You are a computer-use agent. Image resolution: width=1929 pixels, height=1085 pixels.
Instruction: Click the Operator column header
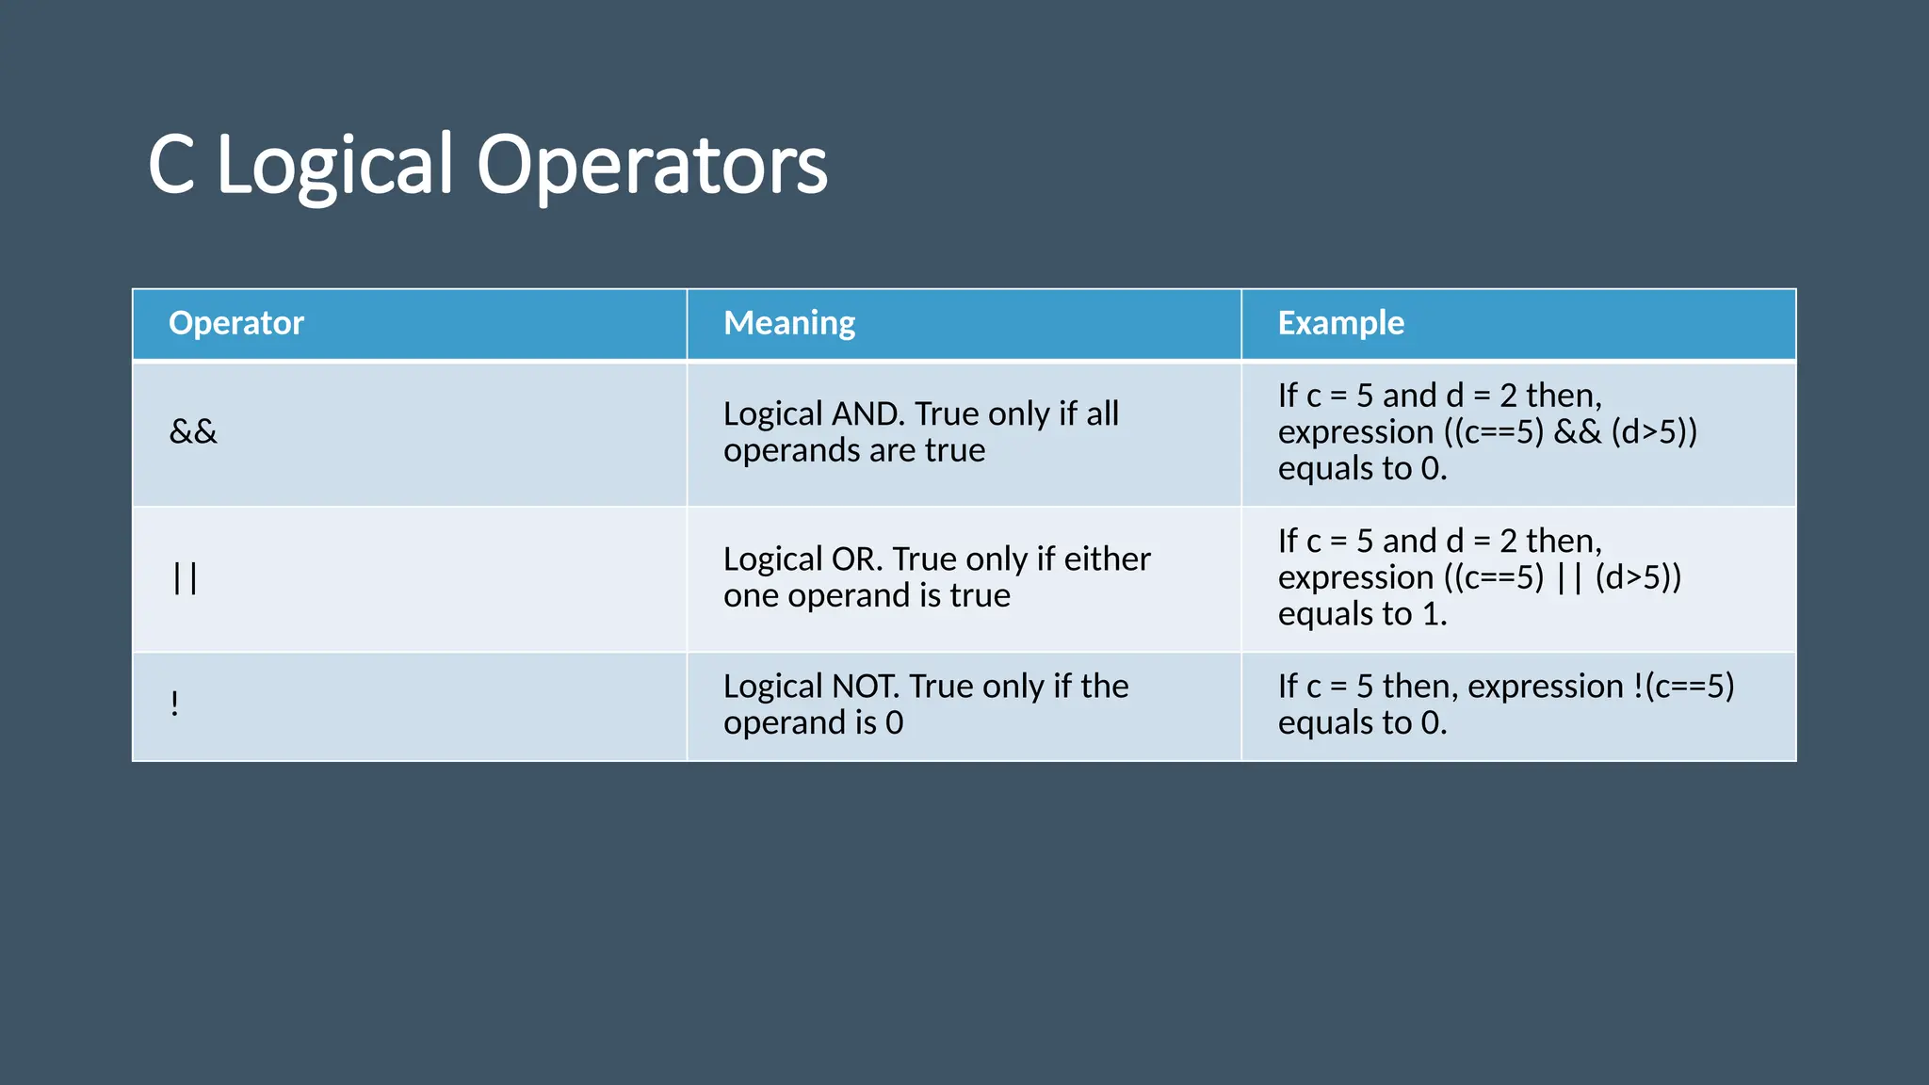(235, 323)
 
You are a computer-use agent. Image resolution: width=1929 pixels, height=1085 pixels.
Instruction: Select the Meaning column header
(789, 323)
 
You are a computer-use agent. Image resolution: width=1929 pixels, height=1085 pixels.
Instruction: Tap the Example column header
(1340, 323)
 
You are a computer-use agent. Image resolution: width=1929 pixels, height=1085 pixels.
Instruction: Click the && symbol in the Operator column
(193, 432)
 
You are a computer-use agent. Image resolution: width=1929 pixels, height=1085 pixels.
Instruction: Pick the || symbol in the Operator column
(186, 577)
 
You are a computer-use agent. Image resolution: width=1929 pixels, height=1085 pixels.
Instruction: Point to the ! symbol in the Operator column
(175, 704)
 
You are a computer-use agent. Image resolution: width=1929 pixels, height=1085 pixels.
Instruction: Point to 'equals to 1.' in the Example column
(1362, 614)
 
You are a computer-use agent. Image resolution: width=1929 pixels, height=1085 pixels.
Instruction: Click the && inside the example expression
(1577, 432)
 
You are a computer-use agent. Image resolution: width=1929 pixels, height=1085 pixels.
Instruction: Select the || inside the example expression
(1569, 577)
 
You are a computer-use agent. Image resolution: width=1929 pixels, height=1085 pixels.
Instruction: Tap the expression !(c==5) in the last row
(1682, 687)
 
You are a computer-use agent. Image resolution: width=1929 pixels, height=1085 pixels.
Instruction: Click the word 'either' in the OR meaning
(1107, 559)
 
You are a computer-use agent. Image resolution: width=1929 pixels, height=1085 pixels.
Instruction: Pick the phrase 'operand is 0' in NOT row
(813, 723)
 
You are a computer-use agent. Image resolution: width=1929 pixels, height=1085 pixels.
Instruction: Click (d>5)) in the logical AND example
(1654, 432)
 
